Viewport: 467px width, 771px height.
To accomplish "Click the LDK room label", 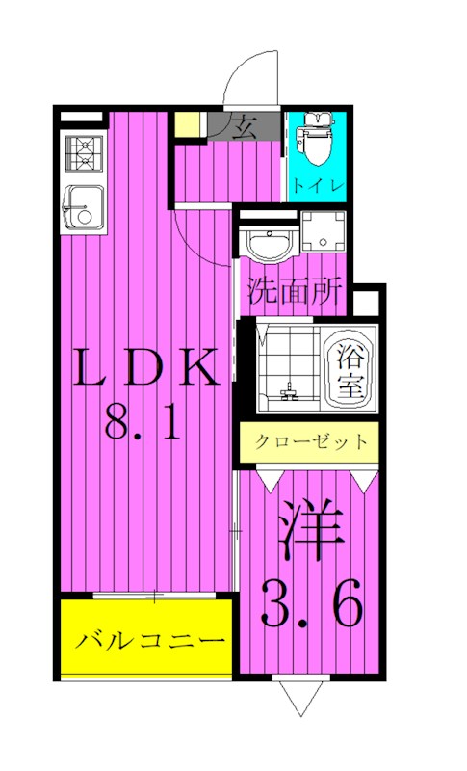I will [145, 368].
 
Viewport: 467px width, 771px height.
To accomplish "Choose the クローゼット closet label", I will [311, 443].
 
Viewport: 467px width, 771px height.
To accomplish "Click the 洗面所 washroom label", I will [293, 292].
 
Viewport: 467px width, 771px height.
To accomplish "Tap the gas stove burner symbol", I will [86, 151].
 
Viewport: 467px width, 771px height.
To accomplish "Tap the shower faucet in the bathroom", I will [286, 393].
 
